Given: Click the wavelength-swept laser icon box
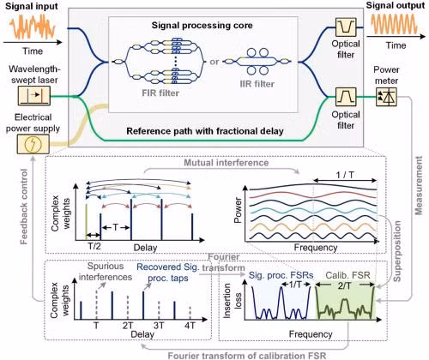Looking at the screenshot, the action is (34, 95).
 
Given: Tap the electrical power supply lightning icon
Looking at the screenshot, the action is (33, 145).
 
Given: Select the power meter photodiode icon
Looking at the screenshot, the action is (386, 97).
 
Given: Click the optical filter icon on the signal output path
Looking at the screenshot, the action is (346, 27).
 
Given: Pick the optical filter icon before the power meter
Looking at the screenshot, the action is (346, 97).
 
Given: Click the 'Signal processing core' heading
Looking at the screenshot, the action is (202, 25).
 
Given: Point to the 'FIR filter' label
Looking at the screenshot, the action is (160, 93).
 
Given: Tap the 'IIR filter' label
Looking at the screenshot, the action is (257, 84).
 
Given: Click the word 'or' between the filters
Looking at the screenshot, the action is (214, 62).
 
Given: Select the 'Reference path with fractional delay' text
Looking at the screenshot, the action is (205, 131).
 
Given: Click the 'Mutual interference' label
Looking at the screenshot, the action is (227, 163).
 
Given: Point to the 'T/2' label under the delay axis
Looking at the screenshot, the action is (94, 246).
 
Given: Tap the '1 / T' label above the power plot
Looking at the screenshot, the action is (345, 175).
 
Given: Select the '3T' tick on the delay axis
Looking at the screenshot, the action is (159, 326).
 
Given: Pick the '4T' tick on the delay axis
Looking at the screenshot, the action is (190, 326).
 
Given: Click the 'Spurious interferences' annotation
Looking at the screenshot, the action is (106, 272).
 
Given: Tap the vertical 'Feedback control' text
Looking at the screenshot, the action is (25, 207).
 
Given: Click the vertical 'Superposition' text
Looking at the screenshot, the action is (397, 251).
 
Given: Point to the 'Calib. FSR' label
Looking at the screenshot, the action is (348, 275).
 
